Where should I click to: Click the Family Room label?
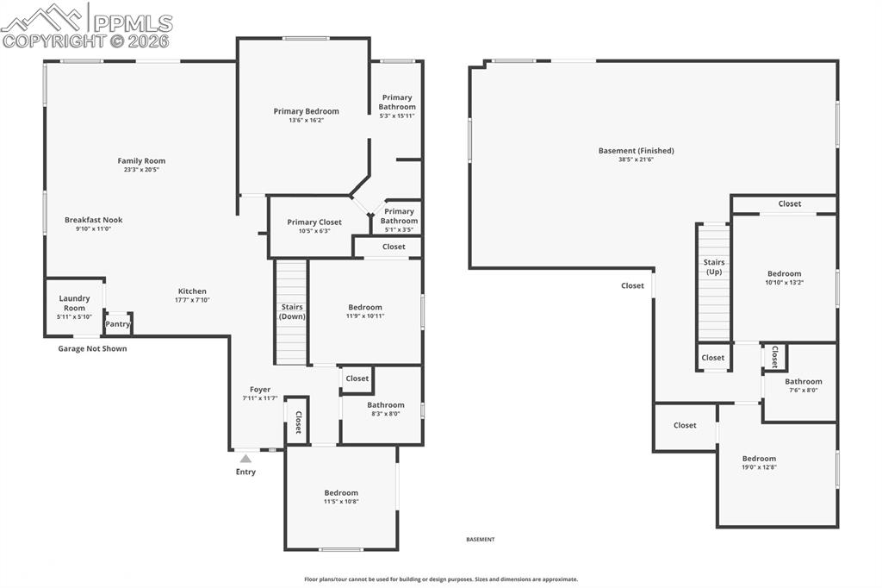(x=141, y=160)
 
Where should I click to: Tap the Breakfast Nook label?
(x=93, y=220)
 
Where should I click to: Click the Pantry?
(x=117, y=324)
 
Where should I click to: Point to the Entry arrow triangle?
(x=245, y=459)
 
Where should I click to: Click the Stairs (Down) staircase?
(x=291, y=312)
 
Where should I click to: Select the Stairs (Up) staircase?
(x=713, y=282)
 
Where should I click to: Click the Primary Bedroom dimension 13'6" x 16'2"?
(x=306, y=120)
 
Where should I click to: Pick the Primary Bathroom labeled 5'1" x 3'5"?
(x=399, y=221)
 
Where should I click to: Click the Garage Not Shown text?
(x=92, y=348)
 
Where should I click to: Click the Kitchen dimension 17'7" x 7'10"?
(x=192, y=300)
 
